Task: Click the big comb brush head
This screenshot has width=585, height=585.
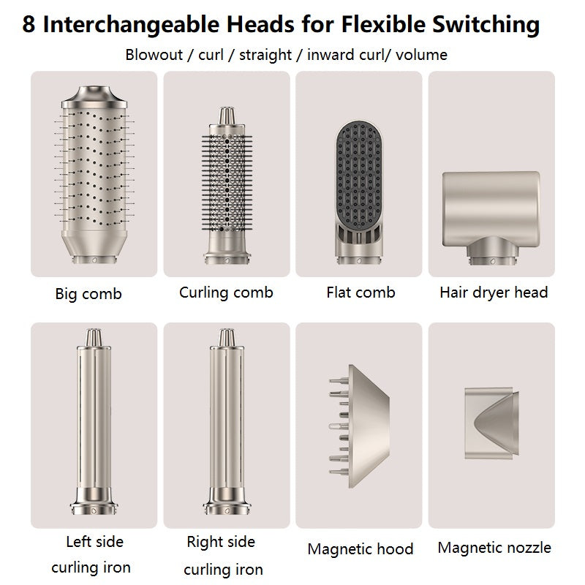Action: (94, 175)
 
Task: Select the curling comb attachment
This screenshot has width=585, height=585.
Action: (227, 186)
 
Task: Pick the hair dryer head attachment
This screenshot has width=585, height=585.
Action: (491, 218)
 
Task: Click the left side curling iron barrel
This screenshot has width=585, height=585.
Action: (94, 422)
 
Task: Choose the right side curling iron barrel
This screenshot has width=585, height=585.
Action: (227, 422)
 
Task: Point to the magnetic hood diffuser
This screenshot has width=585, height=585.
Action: (359, 426)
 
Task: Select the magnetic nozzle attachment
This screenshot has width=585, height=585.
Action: (491, 423)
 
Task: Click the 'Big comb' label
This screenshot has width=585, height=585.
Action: (88, 294)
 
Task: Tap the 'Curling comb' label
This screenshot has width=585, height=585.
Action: (226, 292)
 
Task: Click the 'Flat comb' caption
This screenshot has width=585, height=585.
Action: (361, 292)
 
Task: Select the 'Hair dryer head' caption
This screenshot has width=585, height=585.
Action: (494, 292)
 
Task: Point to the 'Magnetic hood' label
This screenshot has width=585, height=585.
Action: (361, 549)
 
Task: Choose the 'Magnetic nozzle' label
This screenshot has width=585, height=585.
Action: (494, 548)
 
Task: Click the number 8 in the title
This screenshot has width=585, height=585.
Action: (29, 24)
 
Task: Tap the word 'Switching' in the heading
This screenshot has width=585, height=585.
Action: (486, 25)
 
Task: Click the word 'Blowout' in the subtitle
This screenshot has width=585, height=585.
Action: (154, 55)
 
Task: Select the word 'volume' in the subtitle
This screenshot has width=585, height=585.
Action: (421, 55)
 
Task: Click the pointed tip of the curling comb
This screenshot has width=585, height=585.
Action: (227, 116)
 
